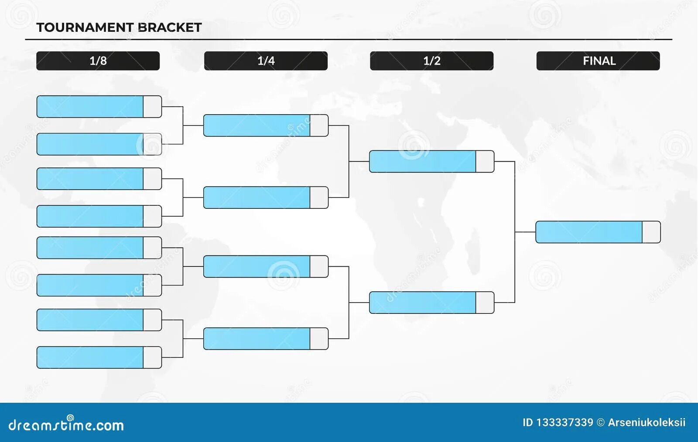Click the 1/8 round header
click(x=98, y=61)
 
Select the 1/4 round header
click(x=266, y=61)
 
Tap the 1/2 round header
click(x=431, y=61)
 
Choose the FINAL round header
click(x=598, y=61)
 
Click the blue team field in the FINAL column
click(x=589, y=232)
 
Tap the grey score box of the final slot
click(x=651, y=232)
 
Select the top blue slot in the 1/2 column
click(x=422, y=161)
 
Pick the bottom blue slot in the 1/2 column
click(x=422, y=303)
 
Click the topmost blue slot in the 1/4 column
click(x=257, y=126)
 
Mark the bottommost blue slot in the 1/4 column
click(x=257, y=339)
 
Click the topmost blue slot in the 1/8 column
click(x=90, y=106)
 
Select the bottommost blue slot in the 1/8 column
click(x=90, y=357)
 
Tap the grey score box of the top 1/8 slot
click(x=152, y=106)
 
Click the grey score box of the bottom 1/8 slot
click(x=152, y=357)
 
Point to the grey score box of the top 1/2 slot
click(x=485, y=161)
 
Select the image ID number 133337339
click(x=565, y=422)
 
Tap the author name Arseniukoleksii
click(x=647, y=422)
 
